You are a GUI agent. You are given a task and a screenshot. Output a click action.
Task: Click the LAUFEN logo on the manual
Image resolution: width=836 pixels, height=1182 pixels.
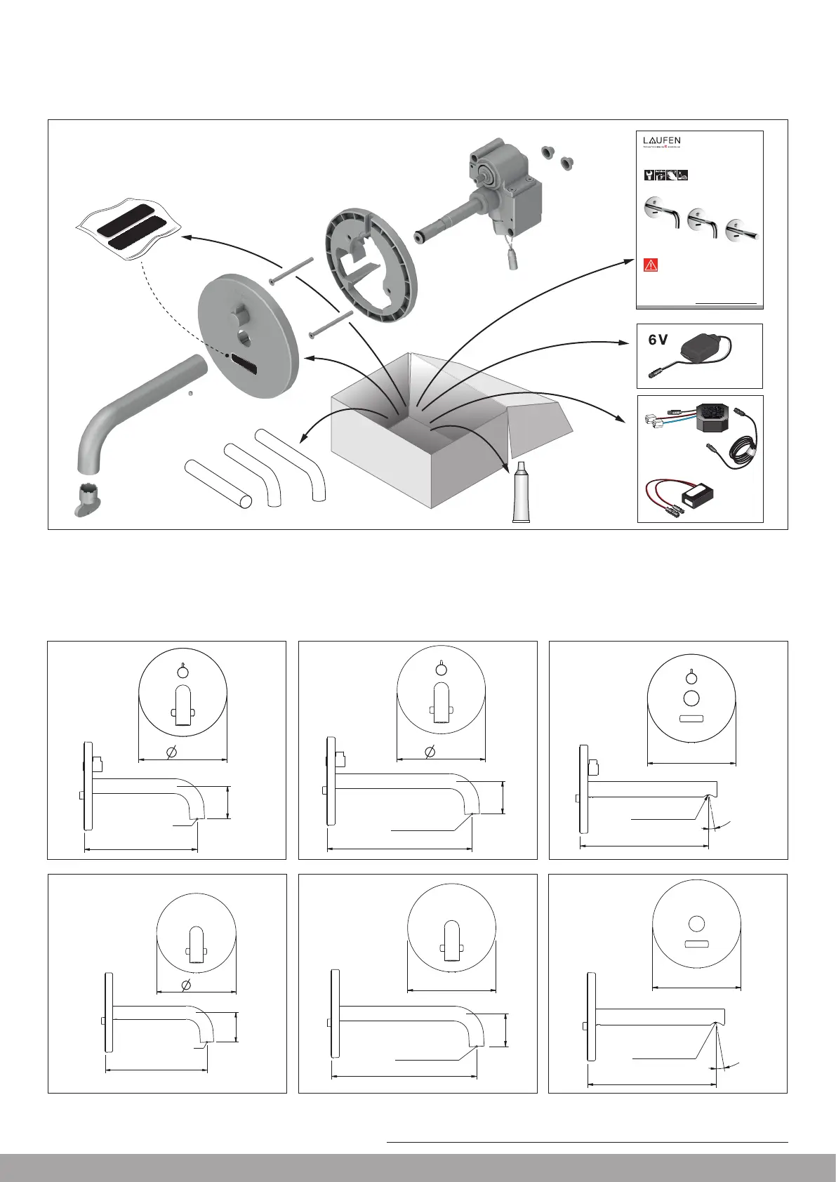tap(662, 140)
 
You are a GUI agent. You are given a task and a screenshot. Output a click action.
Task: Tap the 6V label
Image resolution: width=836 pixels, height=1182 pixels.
tap(658, 340)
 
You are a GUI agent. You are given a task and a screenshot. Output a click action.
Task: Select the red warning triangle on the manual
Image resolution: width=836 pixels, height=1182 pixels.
tap(650, 265)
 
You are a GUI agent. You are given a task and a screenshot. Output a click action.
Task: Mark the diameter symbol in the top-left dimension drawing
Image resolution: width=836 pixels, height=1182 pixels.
tap(171, 752)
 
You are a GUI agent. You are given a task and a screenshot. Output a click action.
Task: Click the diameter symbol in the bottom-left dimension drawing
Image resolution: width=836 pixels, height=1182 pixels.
tap(186, 985)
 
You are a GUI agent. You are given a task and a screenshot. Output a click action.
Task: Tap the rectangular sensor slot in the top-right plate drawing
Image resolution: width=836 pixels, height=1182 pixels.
tap(691, 719)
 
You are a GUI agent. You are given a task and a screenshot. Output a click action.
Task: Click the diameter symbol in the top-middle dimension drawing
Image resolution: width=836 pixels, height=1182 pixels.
tap(430, 752)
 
